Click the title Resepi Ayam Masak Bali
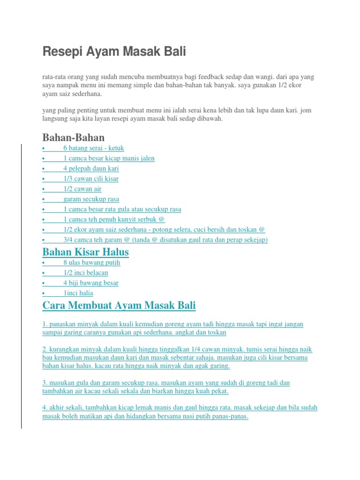pyautogui.click(x=114, y=52)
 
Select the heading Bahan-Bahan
pyautogui.click(x=74, y=137)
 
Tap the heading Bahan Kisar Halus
pyautogui.click(x=85, y=252)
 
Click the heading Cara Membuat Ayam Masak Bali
pyautogui.click(x=119, y=306)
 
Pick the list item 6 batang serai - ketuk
pyautogui.click(x=93, y=148)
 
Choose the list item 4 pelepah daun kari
pyautogui.click(x=91, y=168)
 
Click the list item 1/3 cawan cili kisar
pyautogui.click(x=91, y=179)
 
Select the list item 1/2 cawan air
pyautogui.click(x=82, y=189)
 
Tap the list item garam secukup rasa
pyautogui.click(x=91, y=199)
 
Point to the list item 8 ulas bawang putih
pyautogui.click(x=92, y=262)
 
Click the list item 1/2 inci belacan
pyautogui.click(x=86, y=273)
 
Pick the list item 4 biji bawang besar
pyautogui.click(x=91, y=283)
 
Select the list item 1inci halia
pyautogui.click(x=78, y=293)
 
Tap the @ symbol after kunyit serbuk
pyautogui.click(x=162, y=219)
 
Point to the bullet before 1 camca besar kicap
pyautogui.click(x=43, y=158)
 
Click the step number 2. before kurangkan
pyautogui.click(x=45, y=350)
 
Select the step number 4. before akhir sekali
pyautogui.click(x=45, y=407)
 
